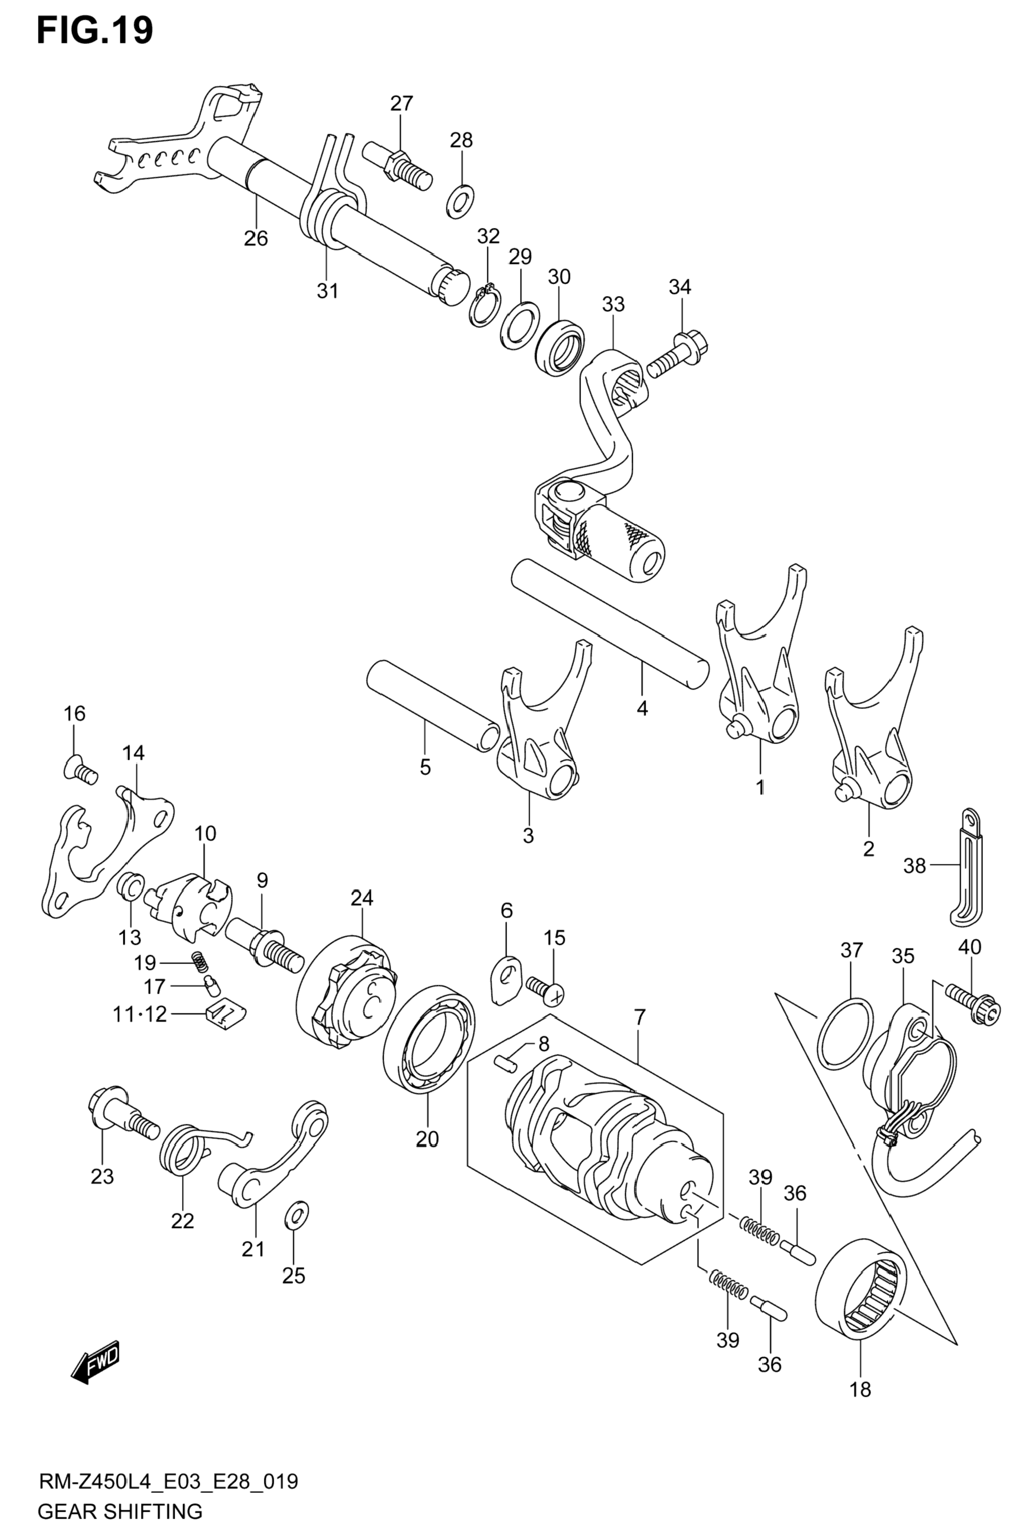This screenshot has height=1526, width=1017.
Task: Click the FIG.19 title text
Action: click(x=95, y=31)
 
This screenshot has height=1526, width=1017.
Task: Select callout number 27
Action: click(x=401, y=103)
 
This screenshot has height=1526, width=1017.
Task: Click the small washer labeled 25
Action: click(x=296, y=1215)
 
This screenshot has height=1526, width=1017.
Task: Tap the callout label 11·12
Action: click(x=140, y=1013)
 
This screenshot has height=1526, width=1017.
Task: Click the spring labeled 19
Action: click(x=198, y=961)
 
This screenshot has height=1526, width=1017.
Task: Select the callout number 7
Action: click(x=640, y=1017)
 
